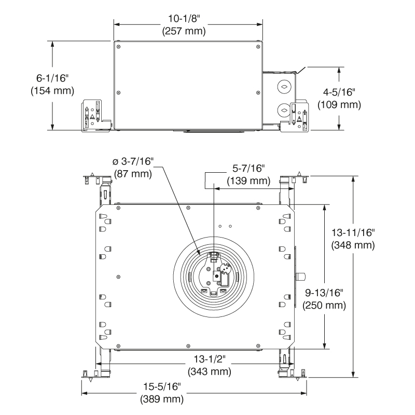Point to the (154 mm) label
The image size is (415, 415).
pyautogui.click(x=52, y=90)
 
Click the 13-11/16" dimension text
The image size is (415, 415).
pyautogui.click(x=353, y=231)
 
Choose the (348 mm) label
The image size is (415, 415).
pyautogui.click(x=353, y=244)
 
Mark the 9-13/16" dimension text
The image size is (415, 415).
pyautogui.click(x=324, y=292)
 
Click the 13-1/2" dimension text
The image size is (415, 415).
pyautogui.click(x=209, y=359)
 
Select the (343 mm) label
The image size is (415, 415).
pyautogui.click(x=209, y=371)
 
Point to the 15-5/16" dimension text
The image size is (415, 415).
pyautogui.click(x=161, y=386)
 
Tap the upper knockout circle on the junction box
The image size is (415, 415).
pyautogui.click(x=284, y=86)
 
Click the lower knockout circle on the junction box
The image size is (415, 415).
pyautogui.click(x=284, y=109)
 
